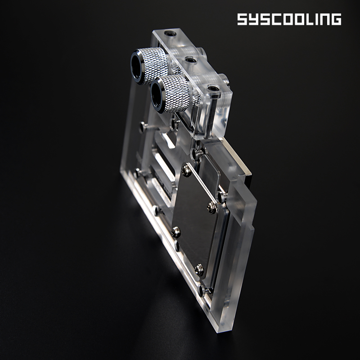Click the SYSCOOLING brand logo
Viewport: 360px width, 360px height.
289,19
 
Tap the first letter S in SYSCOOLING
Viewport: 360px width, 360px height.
242,19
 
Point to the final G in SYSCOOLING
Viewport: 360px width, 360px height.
336,19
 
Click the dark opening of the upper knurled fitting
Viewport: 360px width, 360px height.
136,67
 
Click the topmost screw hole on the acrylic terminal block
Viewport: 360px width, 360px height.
171,34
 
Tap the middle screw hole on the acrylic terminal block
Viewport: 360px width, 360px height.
191,60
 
